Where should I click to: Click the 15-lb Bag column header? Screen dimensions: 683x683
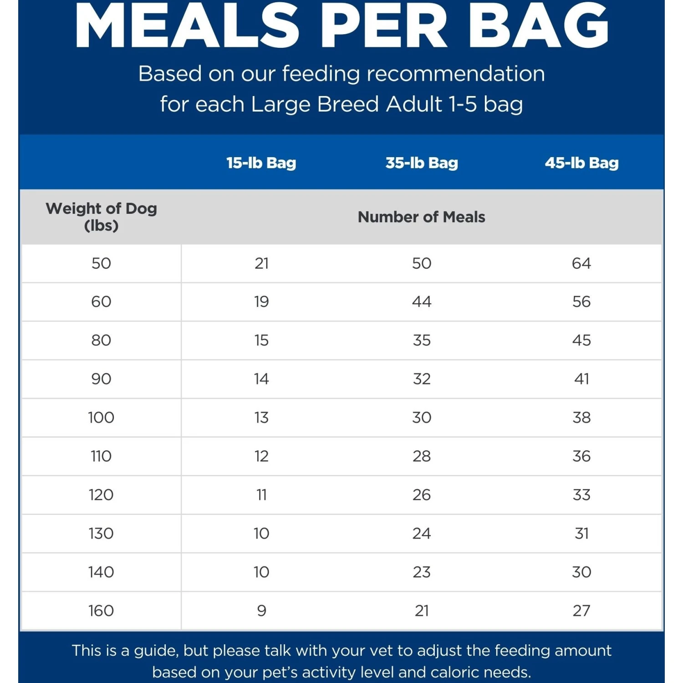261,163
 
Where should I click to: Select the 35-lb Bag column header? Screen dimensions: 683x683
422,163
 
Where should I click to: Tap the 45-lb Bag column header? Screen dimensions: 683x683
581,163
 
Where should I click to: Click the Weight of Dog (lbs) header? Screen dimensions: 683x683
101,217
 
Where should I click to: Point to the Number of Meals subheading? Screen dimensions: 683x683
421,217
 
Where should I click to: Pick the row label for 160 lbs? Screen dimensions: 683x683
101,611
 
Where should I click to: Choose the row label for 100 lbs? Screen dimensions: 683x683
101,418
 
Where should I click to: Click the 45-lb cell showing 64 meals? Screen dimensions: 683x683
581,263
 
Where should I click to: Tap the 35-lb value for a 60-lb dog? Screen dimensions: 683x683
422,301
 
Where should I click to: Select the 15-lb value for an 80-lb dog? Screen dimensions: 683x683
261,340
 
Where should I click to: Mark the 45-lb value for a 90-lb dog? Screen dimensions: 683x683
581,379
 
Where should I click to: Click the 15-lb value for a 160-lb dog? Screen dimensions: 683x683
261,611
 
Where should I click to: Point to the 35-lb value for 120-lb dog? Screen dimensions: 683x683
422,495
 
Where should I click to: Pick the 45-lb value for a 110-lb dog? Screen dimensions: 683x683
581,456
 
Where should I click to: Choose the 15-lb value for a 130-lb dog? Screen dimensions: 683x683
261,534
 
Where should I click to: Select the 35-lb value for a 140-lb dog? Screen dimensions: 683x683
422,572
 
